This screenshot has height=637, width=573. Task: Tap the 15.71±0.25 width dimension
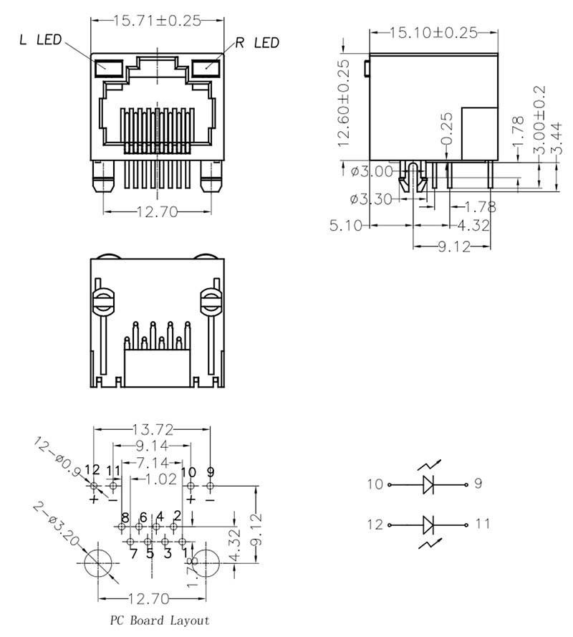[x=157, y=21]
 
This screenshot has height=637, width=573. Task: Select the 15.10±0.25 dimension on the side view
[x=433, y=32]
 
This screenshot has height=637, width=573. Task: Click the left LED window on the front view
[x=110, y=68]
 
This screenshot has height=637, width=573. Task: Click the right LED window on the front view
[x=206, y=68]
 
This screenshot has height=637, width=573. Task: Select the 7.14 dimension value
[x=152, y=462]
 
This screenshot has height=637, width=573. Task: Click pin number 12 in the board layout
[x=92, y=471]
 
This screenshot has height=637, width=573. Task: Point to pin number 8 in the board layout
[x=125, y=517]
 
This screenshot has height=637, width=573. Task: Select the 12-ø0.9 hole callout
[x=58, y=456]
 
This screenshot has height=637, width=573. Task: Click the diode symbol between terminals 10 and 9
[x=428, y=484]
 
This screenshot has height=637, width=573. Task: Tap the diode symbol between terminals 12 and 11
[x=428, y=525]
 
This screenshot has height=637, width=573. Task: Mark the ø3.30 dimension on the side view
[x=371, y=199]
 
